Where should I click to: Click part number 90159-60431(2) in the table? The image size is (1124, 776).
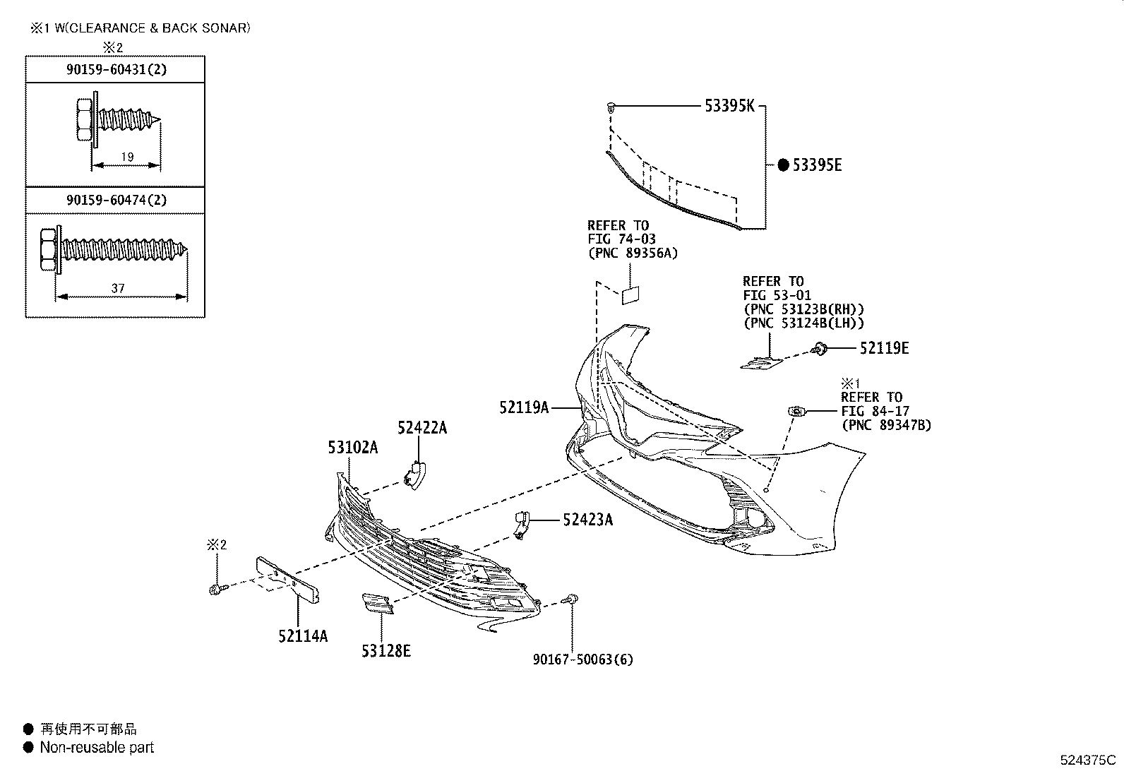click(x=116, y=69)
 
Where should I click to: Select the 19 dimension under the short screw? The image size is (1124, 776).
click(x=127, y=157)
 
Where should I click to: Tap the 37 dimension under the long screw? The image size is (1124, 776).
click(x=118, y=288)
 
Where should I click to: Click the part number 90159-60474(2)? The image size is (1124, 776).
click(x=116, y=200)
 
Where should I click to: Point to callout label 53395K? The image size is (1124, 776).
click(x=729, y=107)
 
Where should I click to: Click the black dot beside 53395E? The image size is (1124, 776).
click(x=783, y=165)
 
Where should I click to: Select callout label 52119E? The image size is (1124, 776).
click(x=884, y=348)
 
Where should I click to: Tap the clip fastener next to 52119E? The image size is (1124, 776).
click(x=820, y=347)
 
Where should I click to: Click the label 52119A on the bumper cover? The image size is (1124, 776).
click(x=524, y=407)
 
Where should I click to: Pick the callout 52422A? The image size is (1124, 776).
click(x=421, y=428)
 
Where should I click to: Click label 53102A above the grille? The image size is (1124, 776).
click(x=352, y=447)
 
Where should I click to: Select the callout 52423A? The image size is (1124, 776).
click(x=587, y=520)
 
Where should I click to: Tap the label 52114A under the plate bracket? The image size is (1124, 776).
click(x=302, y=636)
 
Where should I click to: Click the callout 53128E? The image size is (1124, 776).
click(x=385, y=651)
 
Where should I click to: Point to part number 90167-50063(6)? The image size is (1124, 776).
click(x=583, y=659)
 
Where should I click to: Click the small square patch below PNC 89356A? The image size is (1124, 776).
click(x=630, y=294)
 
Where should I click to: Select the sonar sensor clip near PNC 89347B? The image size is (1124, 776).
click(x=796, y=411)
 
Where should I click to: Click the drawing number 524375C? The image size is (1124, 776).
click(x=1087, y=760)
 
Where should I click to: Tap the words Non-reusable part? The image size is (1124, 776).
click(x=97, y=747)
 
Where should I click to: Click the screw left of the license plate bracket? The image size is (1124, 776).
click(x=217, y=588)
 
